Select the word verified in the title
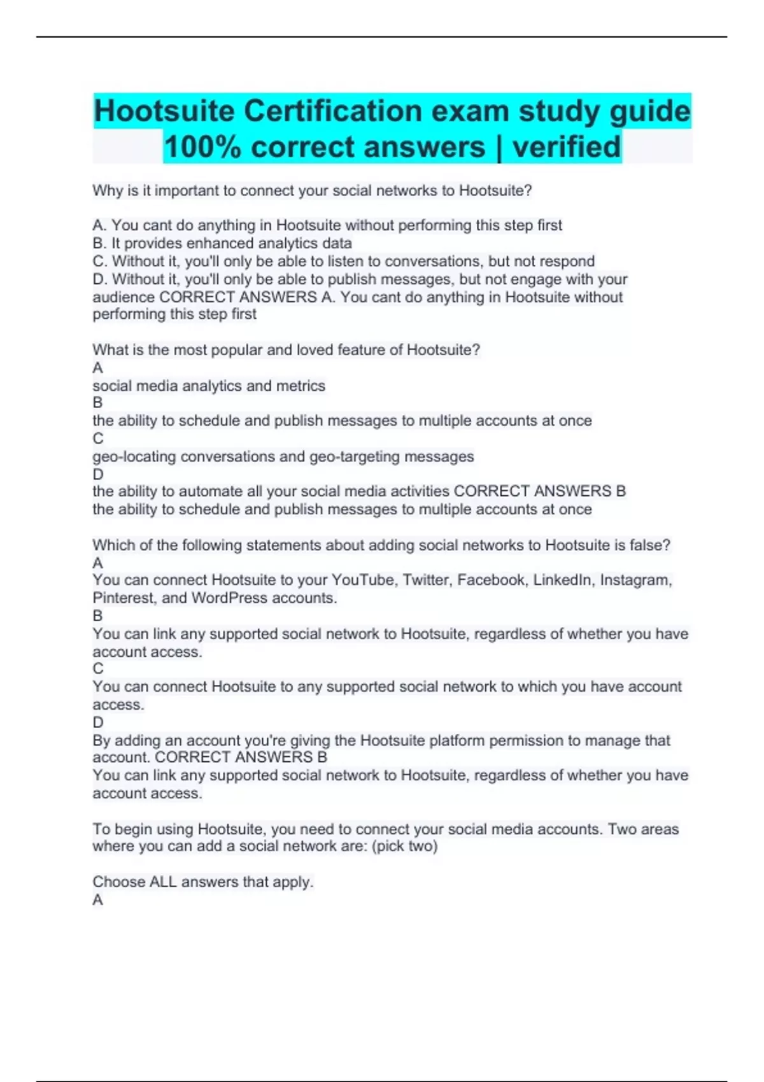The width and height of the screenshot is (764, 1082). [567, 147]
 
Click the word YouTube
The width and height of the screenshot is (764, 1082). [363, 580]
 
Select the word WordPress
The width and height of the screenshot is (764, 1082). [229, 598]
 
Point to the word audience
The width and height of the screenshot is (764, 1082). [124, 297]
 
